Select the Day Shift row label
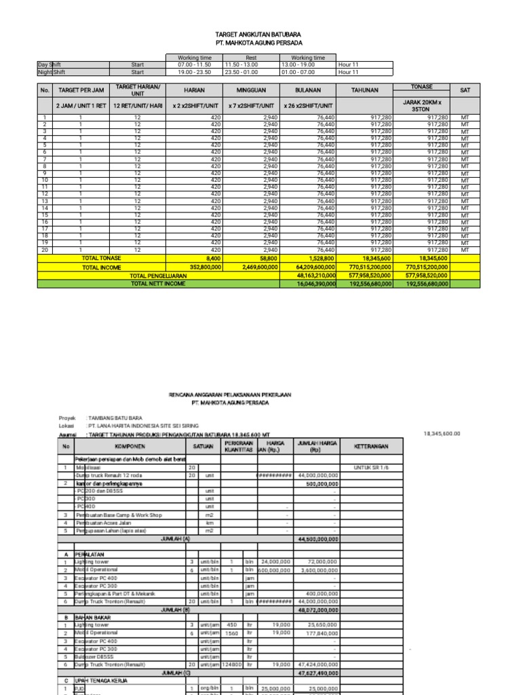click(50, 64)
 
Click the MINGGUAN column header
click(251, 90)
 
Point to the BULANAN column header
click(308, 90)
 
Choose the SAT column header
click(465, 90)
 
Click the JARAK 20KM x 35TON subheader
click(422, 105)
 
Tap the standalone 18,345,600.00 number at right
click(442, 433)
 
